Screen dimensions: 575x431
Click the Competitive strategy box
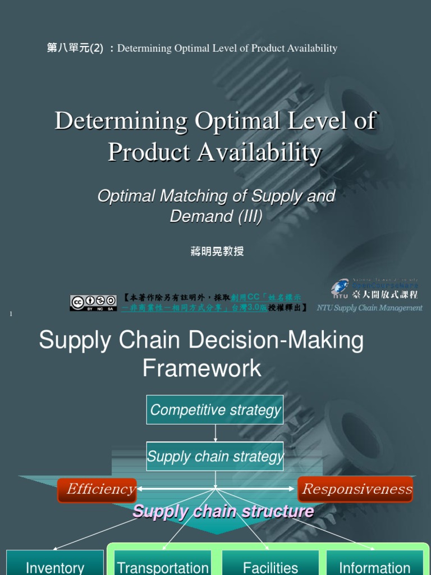[215, 409]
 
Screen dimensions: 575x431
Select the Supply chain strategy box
[215, 456]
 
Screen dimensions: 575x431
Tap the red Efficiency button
[97, 490]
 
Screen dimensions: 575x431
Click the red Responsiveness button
[355, 489]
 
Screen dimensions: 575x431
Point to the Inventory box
[55, 566]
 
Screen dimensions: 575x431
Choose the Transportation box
[163, 566]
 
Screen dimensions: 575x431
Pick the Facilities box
[270, 566]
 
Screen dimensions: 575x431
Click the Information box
[374, 566]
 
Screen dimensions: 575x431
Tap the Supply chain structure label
[223, 512]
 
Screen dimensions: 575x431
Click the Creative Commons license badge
[93, 303]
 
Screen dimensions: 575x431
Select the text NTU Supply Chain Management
[369, 308]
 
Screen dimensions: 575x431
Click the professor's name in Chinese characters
[217, 251]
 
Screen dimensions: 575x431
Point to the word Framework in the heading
[201, 368]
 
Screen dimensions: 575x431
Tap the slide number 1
[11, 313]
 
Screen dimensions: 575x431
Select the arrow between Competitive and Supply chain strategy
[215, 433]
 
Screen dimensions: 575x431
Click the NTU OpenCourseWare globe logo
[340, 288]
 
